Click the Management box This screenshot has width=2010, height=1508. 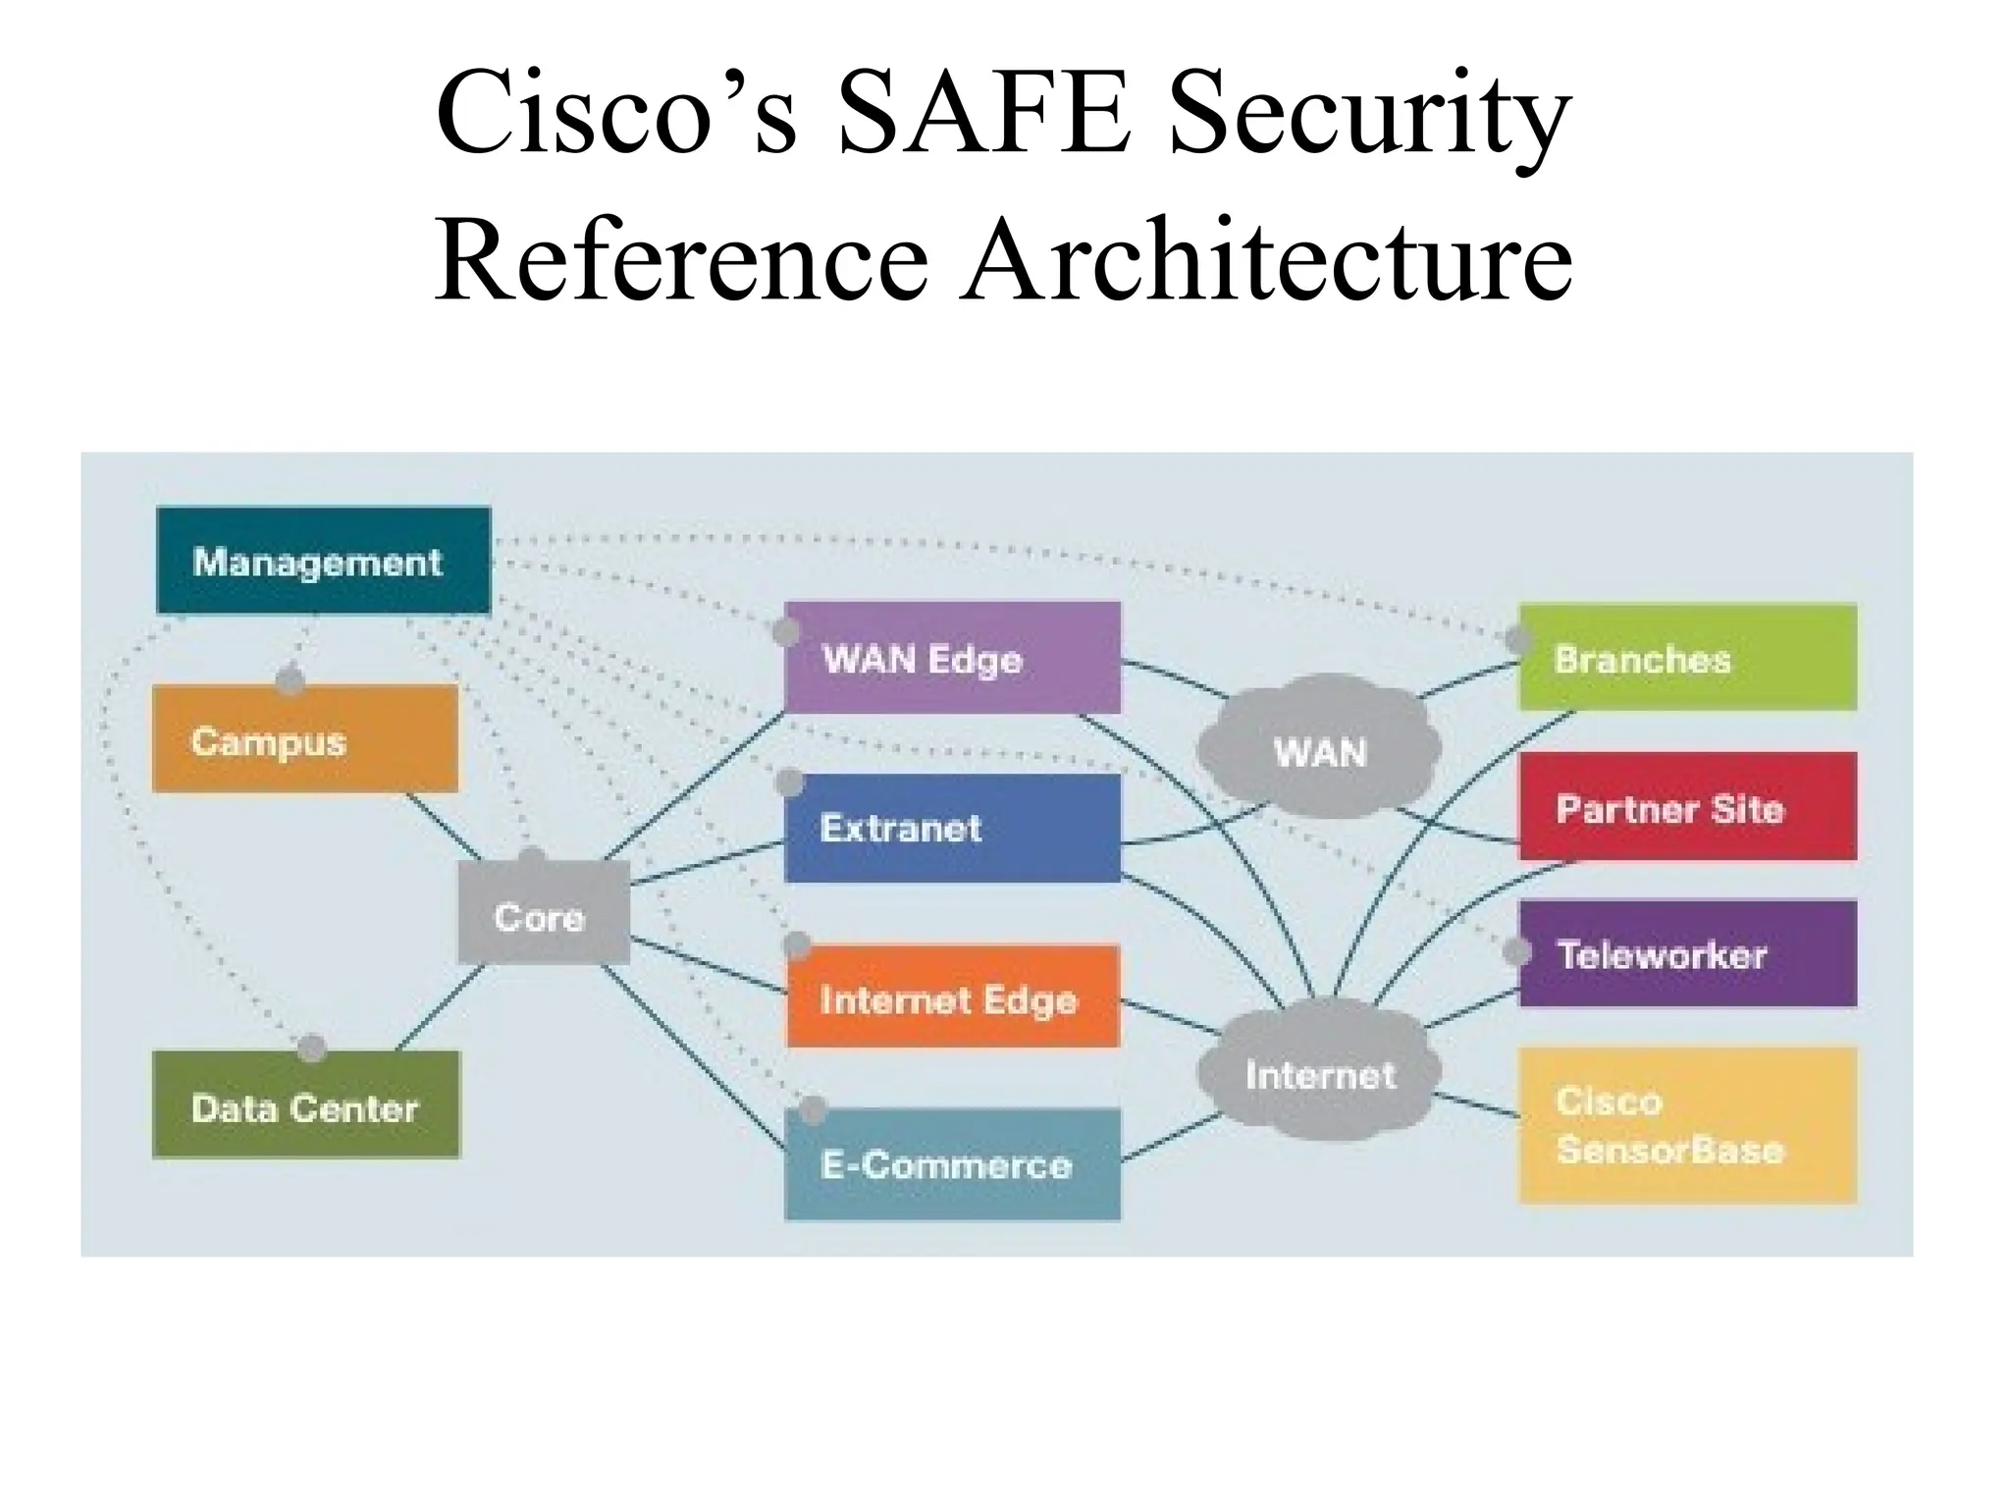[x=323, y=561]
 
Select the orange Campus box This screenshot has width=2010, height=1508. [x=304, y=738]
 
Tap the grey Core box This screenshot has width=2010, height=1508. [x=543, y=914]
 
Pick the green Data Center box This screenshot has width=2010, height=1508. [x=305, y=1105]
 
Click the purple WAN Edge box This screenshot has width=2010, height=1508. [x=952, y=657]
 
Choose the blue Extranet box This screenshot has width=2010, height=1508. [x=952, y=828]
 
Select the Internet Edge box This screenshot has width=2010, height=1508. [x=952, y=996]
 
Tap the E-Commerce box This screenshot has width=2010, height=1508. [x=952, y=1163]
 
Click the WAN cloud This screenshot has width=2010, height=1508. [x=1319, y=750]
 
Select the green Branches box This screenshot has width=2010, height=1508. [x=1687, y=657]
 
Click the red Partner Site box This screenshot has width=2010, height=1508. [x=1687, y=807]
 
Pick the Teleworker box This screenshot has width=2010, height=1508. [x=1687, y=953]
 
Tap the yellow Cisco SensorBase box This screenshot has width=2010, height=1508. [x=1687, y=1125]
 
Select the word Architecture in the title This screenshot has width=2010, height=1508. [x=1266, y=260]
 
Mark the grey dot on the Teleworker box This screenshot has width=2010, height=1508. [x=1517, y=951]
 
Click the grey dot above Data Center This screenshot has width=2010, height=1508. [x=312, y=1048]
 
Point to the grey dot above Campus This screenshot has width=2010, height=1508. [x=290, y=678]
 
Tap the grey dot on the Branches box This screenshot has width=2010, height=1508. [x=1519, y=640]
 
